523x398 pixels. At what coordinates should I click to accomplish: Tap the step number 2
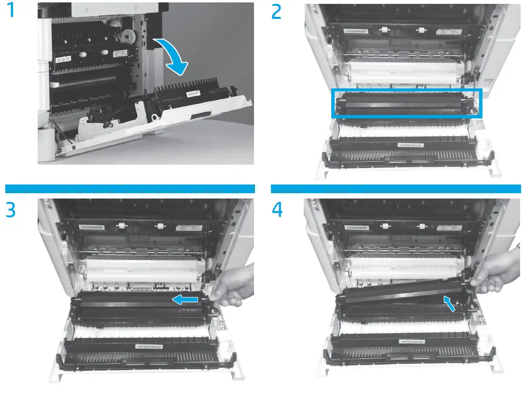277,12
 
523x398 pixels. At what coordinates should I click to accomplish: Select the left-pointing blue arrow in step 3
185,300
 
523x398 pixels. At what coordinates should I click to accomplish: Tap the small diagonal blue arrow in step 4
449,304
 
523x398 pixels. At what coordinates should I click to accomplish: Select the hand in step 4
497,273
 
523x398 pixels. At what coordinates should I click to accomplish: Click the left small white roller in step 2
384,30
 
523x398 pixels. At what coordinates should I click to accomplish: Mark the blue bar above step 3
129,188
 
